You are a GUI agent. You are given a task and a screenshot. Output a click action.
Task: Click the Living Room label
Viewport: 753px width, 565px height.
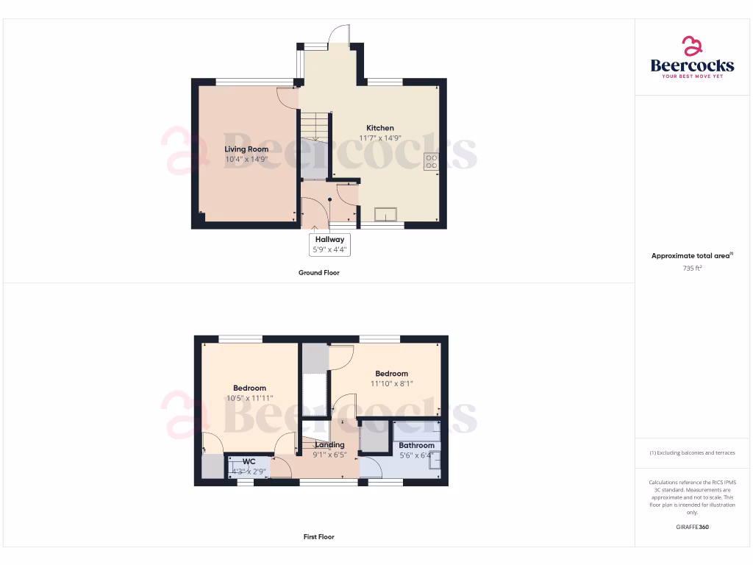(x=246, y=149)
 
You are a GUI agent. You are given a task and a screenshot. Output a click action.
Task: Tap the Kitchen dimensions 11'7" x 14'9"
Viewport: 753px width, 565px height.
(x=380, y=138)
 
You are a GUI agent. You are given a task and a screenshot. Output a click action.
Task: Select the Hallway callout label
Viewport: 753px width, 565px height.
(x=329, y=239)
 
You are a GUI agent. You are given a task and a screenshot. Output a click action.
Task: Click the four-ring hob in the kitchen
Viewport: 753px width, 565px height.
(x=431, y=161)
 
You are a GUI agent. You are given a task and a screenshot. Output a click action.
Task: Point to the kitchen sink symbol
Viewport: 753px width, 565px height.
(x=385, y=214)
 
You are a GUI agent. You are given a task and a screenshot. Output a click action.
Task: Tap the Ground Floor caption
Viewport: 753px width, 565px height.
(x=318, y=272)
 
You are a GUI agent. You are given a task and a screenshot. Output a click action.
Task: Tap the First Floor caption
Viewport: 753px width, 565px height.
(x=318, y=537)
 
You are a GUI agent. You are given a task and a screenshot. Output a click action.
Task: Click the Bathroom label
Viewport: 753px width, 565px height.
(x=416, y=445)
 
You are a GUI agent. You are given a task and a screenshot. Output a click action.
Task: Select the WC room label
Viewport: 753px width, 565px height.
(x=249, y=461)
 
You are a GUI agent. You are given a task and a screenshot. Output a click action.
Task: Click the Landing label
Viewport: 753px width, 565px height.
(x=329, y=445)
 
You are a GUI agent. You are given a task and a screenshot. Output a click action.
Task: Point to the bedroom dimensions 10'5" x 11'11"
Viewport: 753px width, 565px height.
(x=249, y=398)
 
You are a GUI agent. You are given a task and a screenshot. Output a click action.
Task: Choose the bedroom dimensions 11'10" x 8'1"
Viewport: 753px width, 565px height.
(x=391, y=383)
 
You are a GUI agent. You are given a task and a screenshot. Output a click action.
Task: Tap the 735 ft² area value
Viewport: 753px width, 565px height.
(x=692, y=269)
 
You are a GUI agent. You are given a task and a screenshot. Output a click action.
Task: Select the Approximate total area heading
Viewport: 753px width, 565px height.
(x=692, y=256)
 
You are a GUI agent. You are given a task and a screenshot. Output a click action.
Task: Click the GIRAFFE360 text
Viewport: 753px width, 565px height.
(x=692, y=527)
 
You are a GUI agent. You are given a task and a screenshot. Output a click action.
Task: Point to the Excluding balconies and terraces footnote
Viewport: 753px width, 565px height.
(x=692, y=452)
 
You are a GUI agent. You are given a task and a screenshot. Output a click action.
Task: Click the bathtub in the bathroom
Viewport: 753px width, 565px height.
(x=417, y=431)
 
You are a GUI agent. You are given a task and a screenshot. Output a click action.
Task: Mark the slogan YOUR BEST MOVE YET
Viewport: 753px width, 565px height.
(x=692, y=77)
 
